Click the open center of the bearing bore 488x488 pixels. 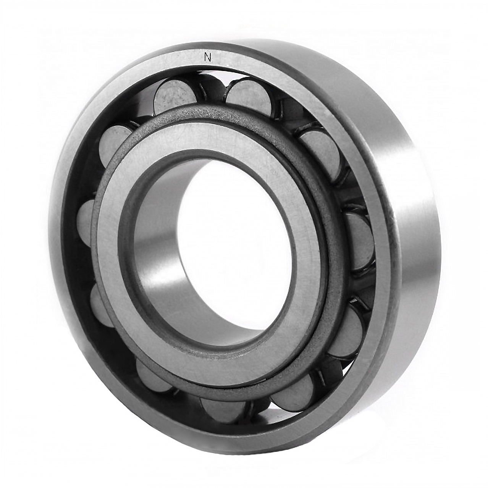pos(236,243)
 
